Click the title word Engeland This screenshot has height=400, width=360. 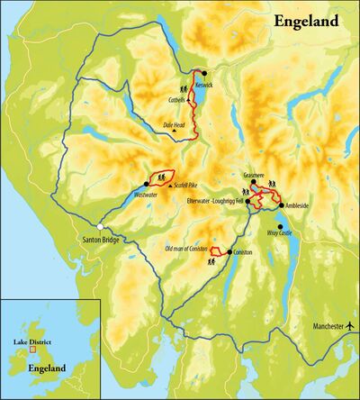click(x=307, y=20)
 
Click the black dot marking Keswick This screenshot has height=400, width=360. click(x=204, y=73)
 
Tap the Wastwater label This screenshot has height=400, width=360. click(x=128, y=194)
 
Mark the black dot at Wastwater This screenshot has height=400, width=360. click(x=146, y=184)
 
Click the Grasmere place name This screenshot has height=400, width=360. click(x=256, y=175)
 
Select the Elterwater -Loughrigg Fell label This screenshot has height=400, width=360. click(x=212, y=200)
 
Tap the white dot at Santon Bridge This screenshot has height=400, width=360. click(x=101, y=224)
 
